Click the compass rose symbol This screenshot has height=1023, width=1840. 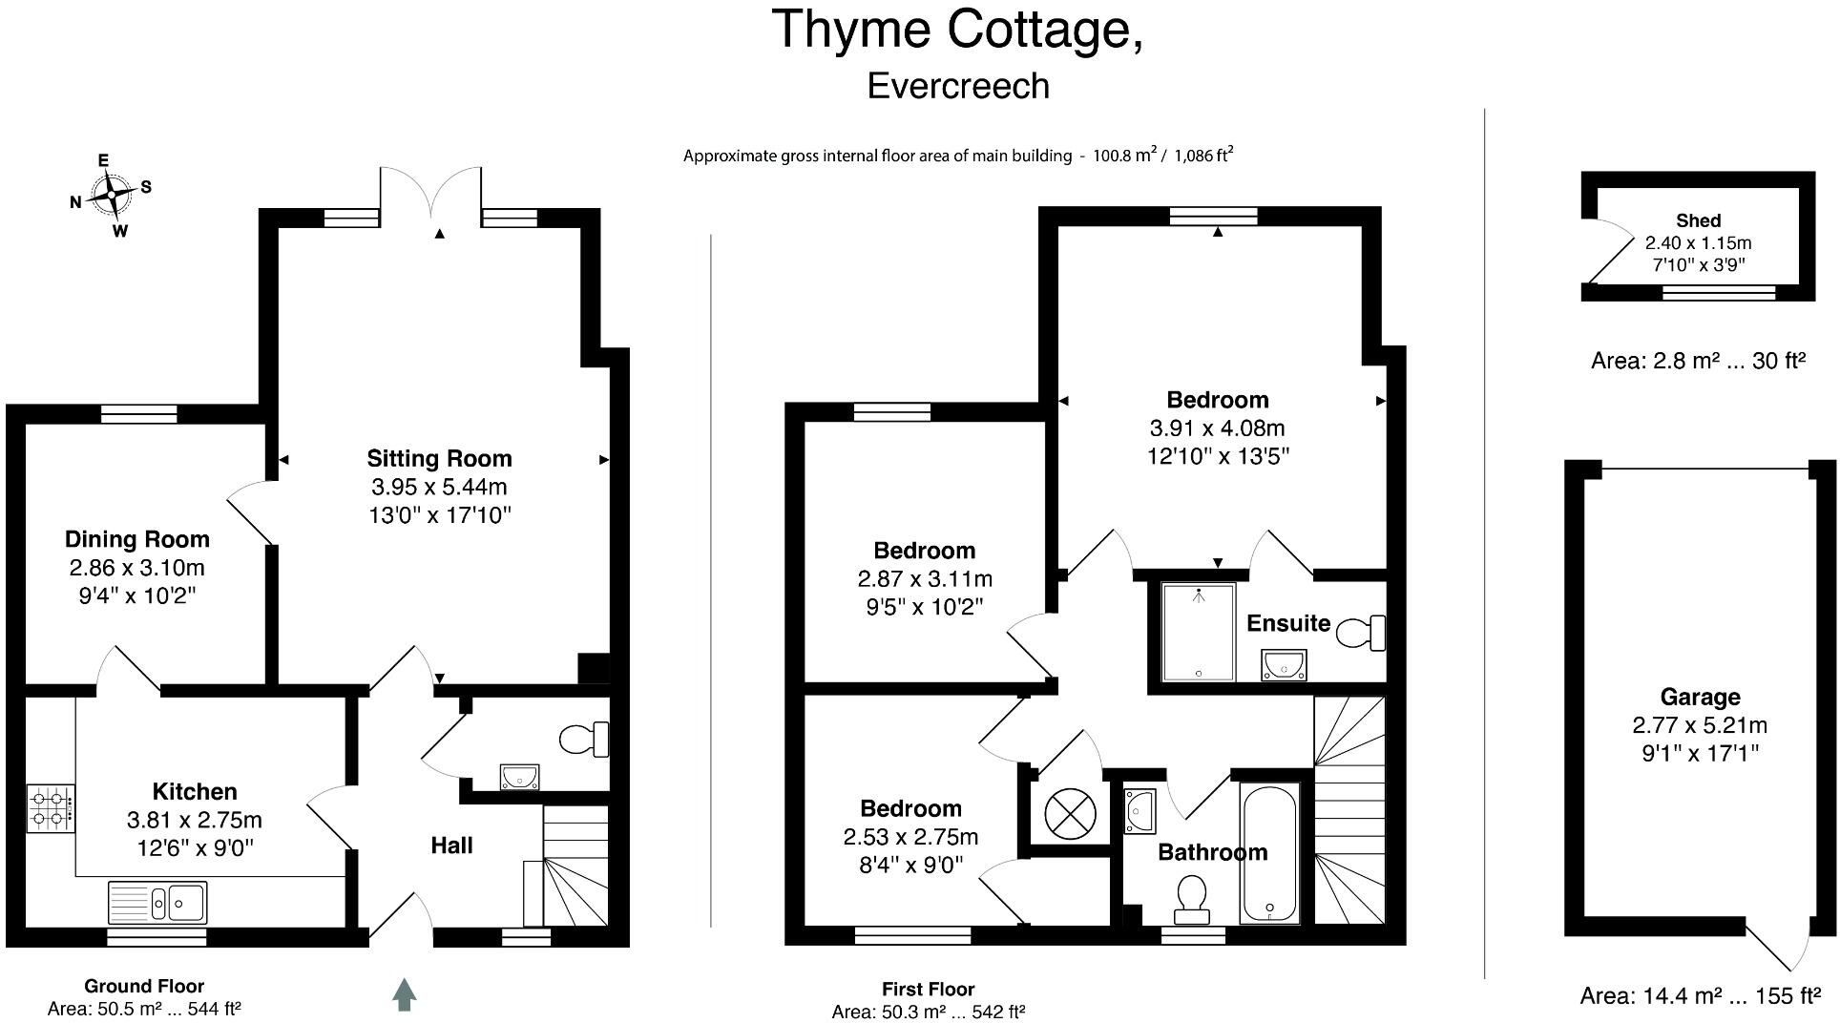tap(112, 195)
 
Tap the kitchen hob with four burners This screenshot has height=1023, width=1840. tap(51, 808)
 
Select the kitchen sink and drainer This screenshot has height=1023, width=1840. tap(157, 902)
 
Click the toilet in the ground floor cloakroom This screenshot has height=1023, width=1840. tap(583, 739)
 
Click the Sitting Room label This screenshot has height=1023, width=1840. tap(439, 459)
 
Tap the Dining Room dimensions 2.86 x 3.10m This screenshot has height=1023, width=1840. tap(136, 569)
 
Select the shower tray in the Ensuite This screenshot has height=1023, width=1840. tap(1198, 632)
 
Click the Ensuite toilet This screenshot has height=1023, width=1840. tap(1361, 633)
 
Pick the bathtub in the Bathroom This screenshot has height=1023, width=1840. tap(1269, 852)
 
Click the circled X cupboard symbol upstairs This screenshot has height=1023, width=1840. tap(1064, 813)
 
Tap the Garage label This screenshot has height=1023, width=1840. tap(1700, 697)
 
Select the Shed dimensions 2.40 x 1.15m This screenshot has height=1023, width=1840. tap(1698, 243)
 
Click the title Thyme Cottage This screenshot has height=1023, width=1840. tap(957, 31)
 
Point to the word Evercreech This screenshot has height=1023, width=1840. tap(958, 86)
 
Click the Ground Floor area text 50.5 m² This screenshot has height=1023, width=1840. tap(144, 1009)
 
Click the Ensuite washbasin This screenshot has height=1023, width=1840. tap(1283, 664)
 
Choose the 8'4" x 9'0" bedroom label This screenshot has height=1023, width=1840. tap(910, 865)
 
